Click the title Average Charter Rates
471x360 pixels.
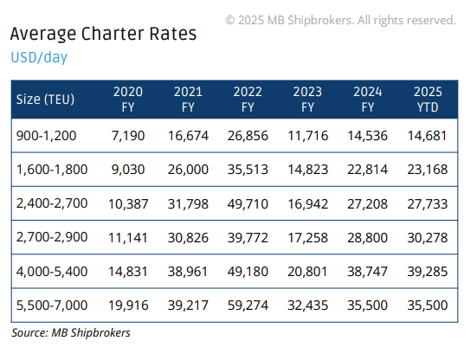[x=103, y=34]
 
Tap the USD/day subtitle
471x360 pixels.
[x=39, y=57]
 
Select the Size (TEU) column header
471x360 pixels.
[x=45, y=99]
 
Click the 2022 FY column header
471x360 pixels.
[x=248, y=99]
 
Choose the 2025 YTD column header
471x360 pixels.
[x=428, y=99]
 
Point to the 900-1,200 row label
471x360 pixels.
[x=46, y=136]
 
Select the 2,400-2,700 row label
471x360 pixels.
[x=52, y=203]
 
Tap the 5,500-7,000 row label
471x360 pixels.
[x=52, y=305]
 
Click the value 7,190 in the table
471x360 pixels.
[x=128, y=136]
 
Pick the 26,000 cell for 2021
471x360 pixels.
[x=188, y=170]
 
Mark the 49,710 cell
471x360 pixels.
[x=248, y=204]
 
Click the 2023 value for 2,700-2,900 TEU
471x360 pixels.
[x=308, y=238]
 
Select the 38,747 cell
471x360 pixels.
[x=368, y=272]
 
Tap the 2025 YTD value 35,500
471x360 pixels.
[x=428, y=305]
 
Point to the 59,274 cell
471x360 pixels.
[x=248, y=305]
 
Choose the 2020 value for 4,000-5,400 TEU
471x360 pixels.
[x=128, y=272]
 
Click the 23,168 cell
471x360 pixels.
[x=428, y=170]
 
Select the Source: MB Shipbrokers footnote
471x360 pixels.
[x=71, y=332]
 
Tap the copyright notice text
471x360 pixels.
[x=340, y=21]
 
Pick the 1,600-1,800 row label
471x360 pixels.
[x=52, y=170]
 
